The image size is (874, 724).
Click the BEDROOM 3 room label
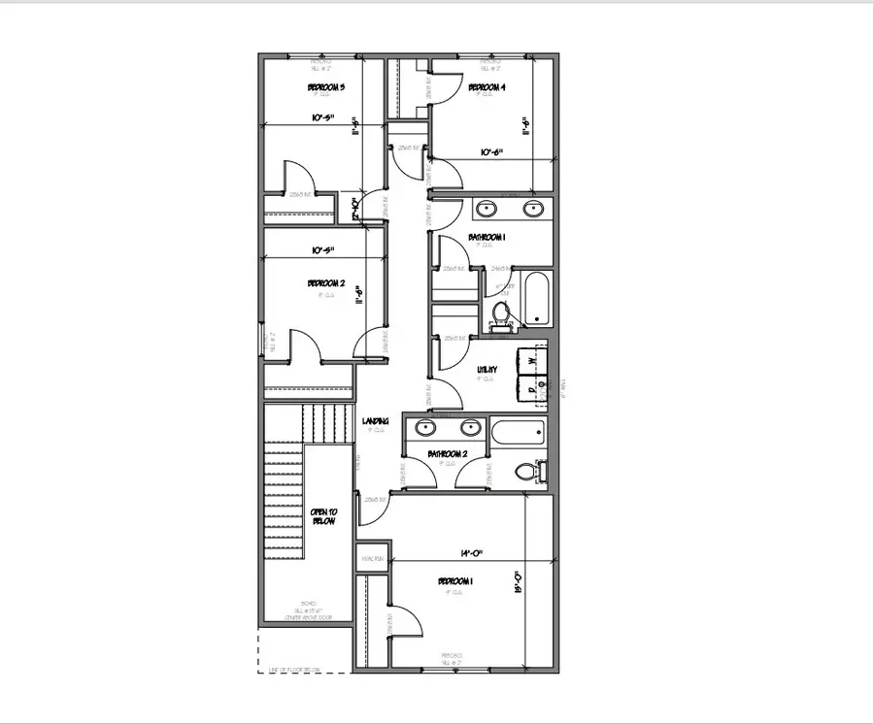click(x=326, y=88)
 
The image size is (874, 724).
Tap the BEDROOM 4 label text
click(x=487, y=88)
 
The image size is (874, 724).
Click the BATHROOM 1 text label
click(x=487, y=237)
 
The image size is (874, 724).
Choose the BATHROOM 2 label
click(x=449, y=453)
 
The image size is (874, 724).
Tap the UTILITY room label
click(x=487, y=369)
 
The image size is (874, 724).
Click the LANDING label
click(x=376, y=421)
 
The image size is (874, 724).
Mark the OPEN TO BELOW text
click(x=322, y=516)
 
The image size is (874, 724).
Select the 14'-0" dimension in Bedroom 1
click(x=448, y=554)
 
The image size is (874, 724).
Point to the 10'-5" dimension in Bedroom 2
click(x=323, y=250)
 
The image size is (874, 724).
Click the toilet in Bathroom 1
click(x=501, y=314)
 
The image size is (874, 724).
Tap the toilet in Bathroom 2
click(x=525, y=471)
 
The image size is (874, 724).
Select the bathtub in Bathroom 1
click(x=537, y=299)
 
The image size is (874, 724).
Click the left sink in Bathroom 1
click(x=487, y=209)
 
